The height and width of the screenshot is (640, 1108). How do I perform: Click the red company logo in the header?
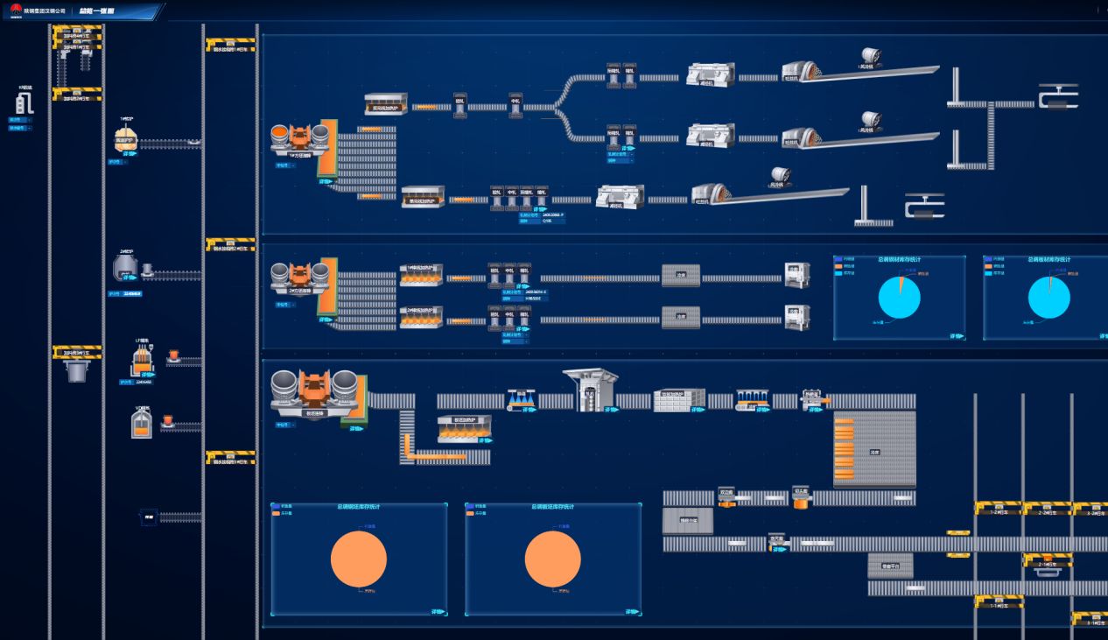(16, 10)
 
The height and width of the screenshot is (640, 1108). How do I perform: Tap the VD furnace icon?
(142, 423)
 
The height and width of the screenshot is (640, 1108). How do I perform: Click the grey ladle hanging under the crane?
(77, 371)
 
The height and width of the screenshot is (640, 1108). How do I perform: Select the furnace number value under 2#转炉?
(131, 294)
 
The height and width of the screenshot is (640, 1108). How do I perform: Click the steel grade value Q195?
(547, 221)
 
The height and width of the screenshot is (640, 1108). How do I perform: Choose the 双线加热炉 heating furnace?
(386, 104)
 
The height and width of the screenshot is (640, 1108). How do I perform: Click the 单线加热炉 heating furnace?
(423, 196)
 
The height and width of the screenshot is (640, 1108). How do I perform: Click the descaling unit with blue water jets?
(522, 400)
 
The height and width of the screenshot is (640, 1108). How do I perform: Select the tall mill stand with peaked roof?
(590, 389)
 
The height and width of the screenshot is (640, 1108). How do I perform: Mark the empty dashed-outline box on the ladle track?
(148, 517)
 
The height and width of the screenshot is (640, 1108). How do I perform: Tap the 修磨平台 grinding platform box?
(890, 565)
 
